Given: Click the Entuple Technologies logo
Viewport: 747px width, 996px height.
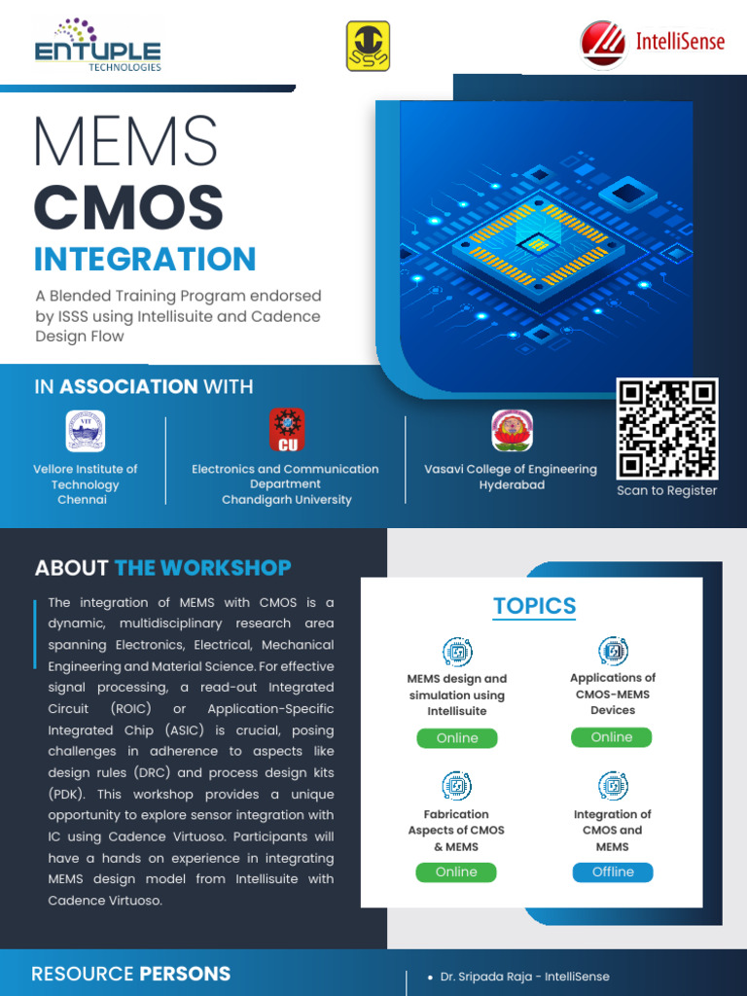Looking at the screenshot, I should click(x=97, y=45).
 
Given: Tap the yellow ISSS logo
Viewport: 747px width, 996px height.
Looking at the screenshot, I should click(x=368, y=47).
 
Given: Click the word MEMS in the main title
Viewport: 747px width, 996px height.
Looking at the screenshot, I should click(x=125, y=141).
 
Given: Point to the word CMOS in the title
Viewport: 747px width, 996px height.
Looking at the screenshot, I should click(x=128, y=206).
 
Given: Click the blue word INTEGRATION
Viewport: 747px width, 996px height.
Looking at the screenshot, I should click(x=145, y=260).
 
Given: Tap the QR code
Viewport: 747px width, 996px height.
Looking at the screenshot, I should click(x=667, y=428).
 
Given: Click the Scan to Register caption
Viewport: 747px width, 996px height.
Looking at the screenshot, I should click(x=667, y=490).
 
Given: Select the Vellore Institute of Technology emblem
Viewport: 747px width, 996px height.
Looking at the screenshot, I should click(x=85, y=431).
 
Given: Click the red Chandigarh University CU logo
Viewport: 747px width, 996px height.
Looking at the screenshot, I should click(x=287, y=429).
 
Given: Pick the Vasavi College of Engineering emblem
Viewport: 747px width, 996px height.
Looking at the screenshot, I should click(x=512, y=431).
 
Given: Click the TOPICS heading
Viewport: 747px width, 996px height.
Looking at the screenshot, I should click(x=534, y=606).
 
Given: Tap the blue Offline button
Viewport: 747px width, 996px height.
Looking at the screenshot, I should click(x=613, y=872).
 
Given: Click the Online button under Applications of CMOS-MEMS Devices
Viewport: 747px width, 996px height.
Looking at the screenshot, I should click(x=612, y=737).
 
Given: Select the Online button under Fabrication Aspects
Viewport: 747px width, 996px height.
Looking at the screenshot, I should click(x=456, y=872).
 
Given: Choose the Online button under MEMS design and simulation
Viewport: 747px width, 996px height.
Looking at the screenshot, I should click(x=457, y=738).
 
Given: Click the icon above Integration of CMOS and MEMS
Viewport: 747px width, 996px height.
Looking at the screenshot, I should click(x=613, y=785).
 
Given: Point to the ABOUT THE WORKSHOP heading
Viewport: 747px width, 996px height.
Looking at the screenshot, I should click(x=162, y=568).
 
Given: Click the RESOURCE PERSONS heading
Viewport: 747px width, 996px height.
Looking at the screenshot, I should click(x=130, y=974).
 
